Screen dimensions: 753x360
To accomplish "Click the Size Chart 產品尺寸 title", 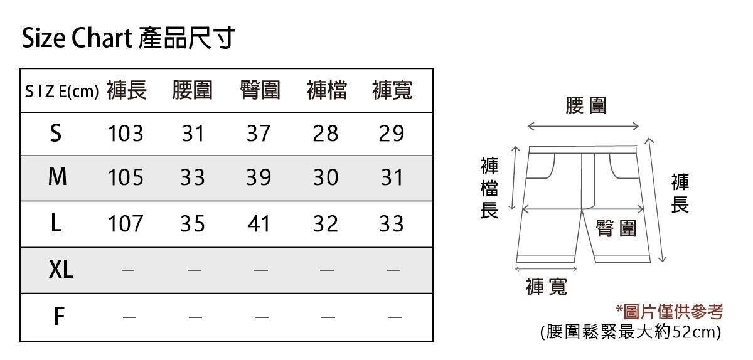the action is [129, 39].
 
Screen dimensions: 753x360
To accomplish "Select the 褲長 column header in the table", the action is [127, 92].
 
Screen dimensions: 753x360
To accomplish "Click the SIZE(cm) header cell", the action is [61, 92].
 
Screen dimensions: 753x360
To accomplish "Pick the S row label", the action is [56, 133].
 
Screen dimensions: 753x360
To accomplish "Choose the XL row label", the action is [61, 270].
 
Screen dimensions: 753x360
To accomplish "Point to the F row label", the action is [58, 317].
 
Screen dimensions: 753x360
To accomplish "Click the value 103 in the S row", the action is [125, 134].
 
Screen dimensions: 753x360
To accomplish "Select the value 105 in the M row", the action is [125, 178].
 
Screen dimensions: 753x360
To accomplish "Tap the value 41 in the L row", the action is [259, 224].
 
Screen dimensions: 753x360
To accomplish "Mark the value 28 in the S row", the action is [326, 134].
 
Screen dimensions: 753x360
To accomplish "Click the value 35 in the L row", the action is [193, 224].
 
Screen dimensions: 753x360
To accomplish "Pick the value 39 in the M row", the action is [259, 178].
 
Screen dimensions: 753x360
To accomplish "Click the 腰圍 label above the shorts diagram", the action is [586, 106].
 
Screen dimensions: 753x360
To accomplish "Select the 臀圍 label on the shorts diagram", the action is [616, 228].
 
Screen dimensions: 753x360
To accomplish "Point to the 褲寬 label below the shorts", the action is [547, 287].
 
